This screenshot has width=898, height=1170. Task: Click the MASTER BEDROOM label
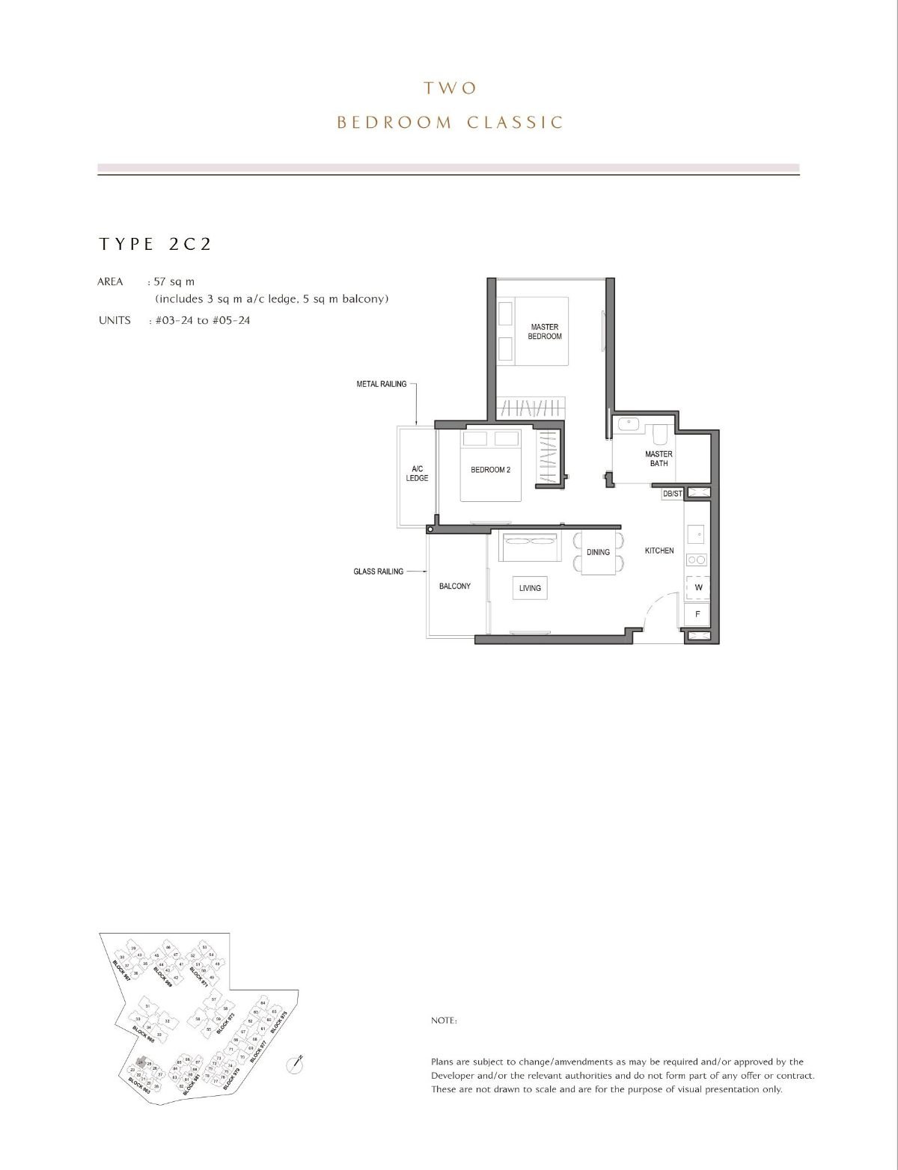tap(544, 331)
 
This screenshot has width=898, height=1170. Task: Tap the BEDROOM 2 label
tap(490, 470)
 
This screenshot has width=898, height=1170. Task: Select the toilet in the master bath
tap(659, 435)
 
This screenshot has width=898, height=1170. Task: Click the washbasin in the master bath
tap(627, 424)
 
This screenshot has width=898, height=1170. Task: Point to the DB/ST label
tap(672, 494)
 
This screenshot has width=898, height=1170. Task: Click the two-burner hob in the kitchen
tap(697, 560)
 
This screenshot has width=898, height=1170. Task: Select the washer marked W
tap(697, 587)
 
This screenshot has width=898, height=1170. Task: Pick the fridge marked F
tap(697, 614)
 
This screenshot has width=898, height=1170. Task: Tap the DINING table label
tap(598, 552)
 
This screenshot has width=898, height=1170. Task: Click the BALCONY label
tap(454, 586)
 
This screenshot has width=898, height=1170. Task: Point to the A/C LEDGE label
tap(417, 474)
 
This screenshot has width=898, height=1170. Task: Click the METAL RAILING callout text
tap(381, 384)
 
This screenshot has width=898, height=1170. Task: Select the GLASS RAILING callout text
tap(378, 572)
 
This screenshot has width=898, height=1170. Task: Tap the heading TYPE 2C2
tap(155, 244)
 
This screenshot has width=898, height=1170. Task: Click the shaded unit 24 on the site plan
tap(140, 1062)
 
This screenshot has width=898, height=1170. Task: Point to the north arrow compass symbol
tap(297, 1065)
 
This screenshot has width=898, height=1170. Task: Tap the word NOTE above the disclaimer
tap(444, 1020)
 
